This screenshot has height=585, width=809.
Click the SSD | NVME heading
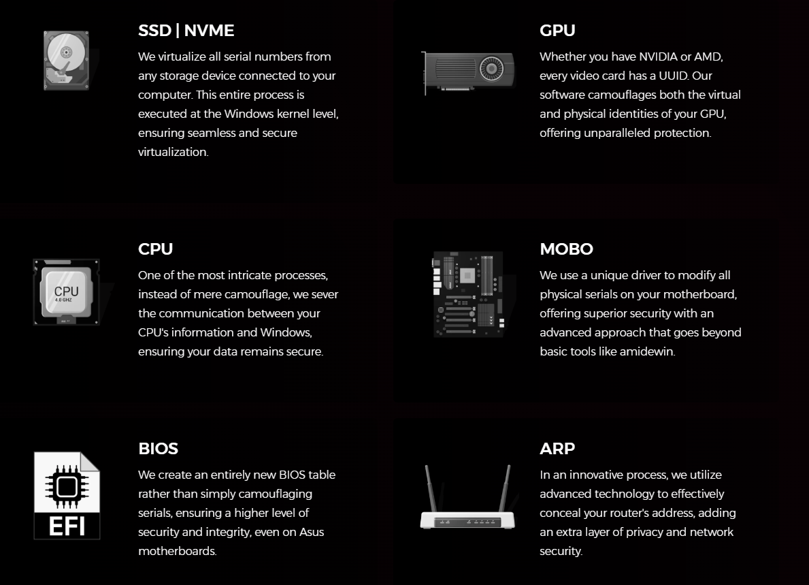186,31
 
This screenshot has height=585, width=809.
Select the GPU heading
557,31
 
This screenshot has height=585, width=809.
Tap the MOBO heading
567,249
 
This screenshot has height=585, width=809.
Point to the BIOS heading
159,448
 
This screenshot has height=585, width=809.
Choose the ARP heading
557,448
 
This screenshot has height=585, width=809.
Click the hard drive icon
66,61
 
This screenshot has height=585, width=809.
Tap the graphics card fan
492,69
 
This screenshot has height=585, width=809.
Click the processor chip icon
66,292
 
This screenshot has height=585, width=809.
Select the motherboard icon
468,294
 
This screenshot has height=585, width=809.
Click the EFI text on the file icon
67,526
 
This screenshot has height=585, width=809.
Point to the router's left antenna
431,488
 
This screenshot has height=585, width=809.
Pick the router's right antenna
505,488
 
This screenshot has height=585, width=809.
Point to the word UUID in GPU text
674,76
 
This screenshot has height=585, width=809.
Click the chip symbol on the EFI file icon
67,486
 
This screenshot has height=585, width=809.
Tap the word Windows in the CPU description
285,332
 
